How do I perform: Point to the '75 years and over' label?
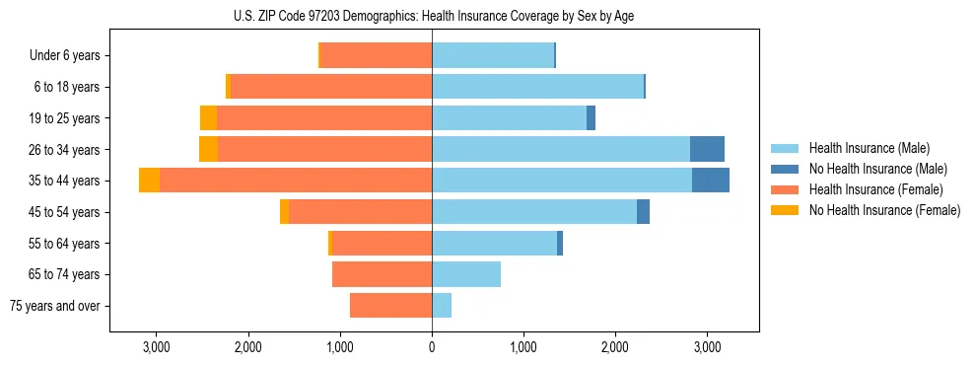pos(55,306)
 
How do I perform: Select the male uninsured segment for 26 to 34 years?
pos(707,149)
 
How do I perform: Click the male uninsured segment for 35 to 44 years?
pos(710,181)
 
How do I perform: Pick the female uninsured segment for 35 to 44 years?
pos(149,181)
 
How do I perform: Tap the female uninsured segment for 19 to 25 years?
pos(208,118)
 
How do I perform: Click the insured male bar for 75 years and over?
pos(442,306)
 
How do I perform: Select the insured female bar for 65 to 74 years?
pos(382,274)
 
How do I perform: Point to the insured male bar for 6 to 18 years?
pos(537,87)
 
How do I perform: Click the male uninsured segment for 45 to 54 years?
pos(643,212)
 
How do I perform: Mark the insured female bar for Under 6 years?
pos(376,56)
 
